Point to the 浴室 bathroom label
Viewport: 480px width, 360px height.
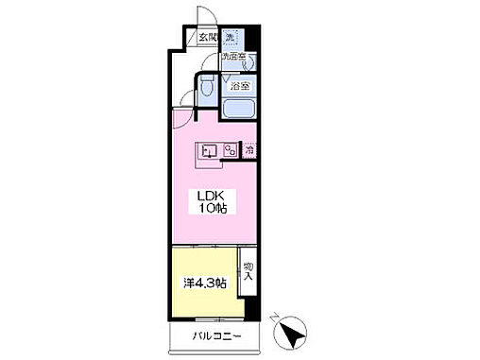(241, 86)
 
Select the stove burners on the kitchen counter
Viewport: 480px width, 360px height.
(229, 149)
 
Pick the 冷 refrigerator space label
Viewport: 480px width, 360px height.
(249, 149)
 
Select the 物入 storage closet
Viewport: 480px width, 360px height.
(249, 272)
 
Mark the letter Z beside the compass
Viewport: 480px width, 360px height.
(273, 318)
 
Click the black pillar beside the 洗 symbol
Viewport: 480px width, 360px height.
(253, 42)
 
